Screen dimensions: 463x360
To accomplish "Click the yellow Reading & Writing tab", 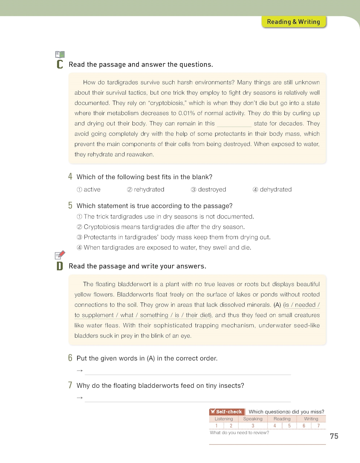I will pos(294,22).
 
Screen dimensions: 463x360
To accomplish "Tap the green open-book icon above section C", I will pos(60,54).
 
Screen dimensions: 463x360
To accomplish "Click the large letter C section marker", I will pos(60,64).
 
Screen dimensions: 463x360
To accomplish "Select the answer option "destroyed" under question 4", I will pos(212,190).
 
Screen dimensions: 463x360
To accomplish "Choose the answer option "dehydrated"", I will pos(276,190).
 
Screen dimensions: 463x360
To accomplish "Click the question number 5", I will pos(70,206).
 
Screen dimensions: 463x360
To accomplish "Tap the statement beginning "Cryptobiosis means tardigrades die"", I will pos(164,227).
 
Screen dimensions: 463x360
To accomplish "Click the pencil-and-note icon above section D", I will pos(60,255).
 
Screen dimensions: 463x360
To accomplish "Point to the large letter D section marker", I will pos(60,266).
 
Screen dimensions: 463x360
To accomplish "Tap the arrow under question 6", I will pos(80,371).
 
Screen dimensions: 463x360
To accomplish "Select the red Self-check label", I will pos(227,412).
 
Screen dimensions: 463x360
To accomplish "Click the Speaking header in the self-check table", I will pos(253,419).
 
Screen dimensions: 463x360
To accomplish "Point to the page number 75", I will pos(334,436).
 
